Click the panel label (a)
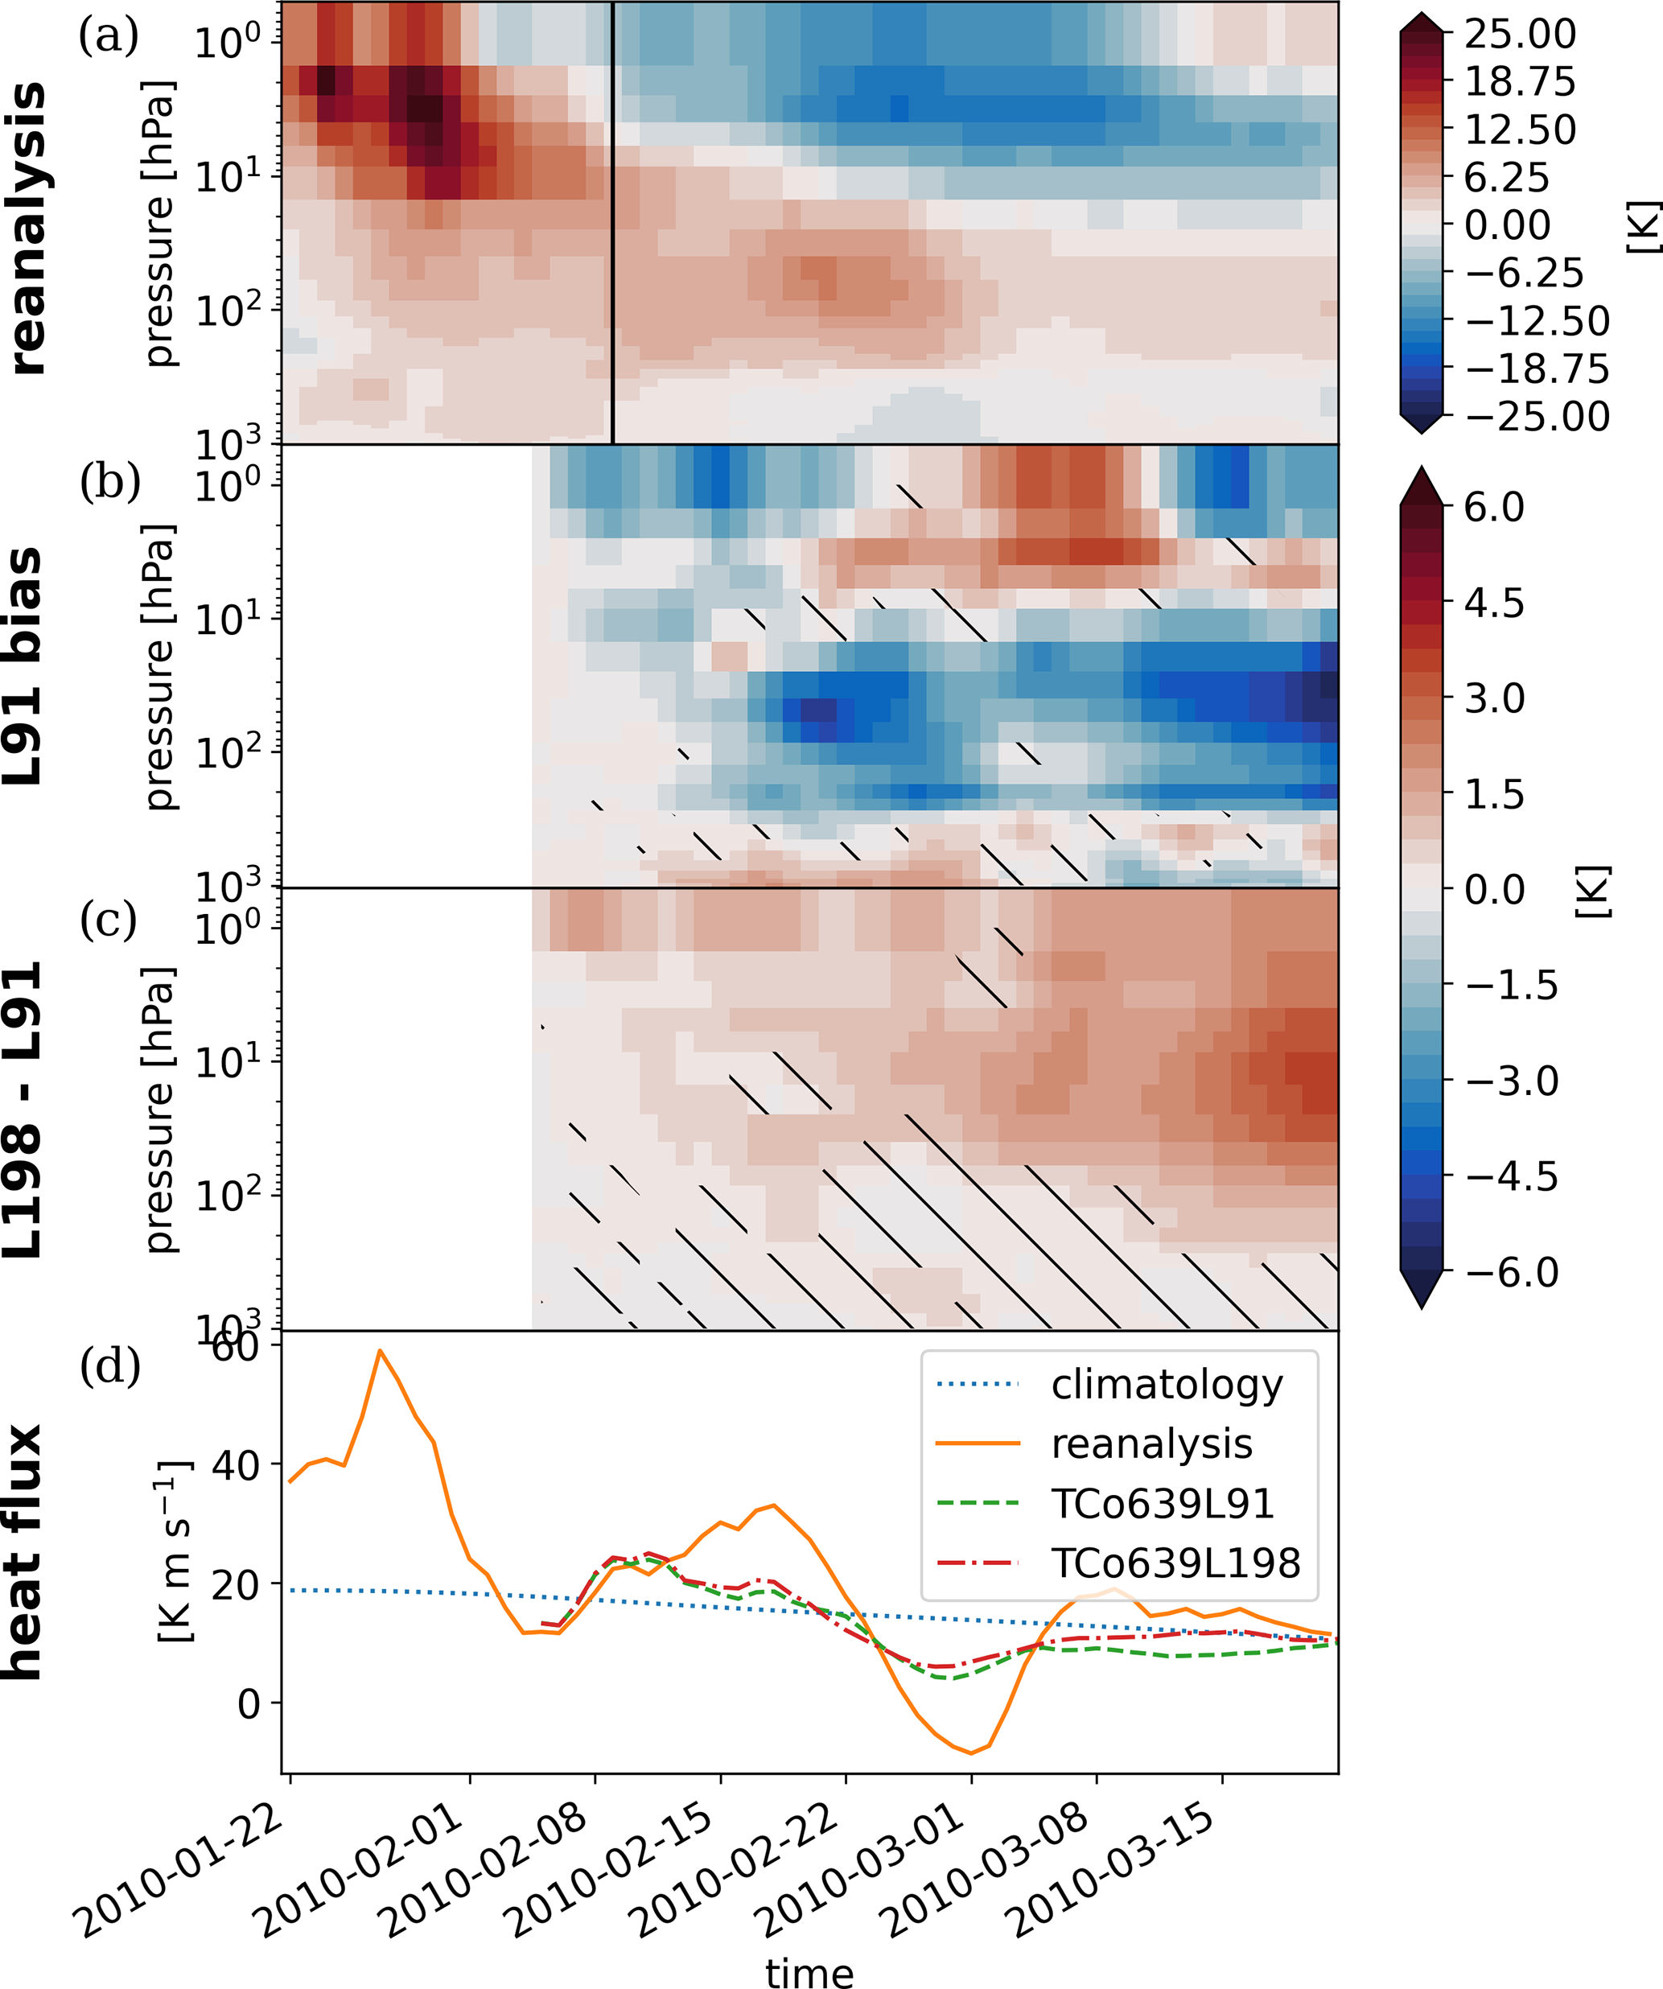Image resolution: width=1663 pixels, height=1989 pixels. click(x=109, y=36)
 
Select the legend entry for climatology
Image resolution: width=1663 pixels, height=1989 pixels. click(x=1167, y=1385)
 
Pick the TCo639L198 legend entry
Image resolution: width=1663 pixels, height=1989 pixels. click(x=1175, y=1563)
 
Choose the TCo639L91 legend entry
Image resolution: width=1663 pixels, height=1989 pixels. click(x=1163, y=1503)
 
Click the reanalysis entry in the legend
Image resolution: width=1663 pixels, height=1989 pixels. click(x=1151, y=1443)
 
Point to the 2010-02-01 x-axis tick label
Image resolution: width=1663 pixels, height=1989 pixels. click(x=364, y=1869)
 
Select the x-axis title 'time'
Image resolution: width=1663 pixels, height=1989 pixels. click(x=809, y=1972)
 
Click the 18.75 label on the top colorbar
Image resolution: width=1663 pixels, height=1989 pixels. click(x=1520, y=82)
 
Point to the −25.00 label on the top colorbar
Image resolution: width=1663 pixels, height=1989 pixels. click(x=1537, y=417)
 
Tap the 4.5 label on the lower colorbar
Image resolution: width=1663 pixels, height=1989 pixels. click(x=1494, y=603)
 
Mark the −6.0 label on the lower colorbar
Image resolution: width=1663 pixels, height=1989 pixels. click(x=1512, y=1272)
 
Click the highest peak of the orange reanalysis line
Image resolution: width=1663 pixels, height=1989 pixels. click(x=380, y=1351)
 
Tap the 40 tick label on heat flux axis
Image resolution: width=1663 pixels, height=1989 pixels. click(x=234, y=1465)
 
